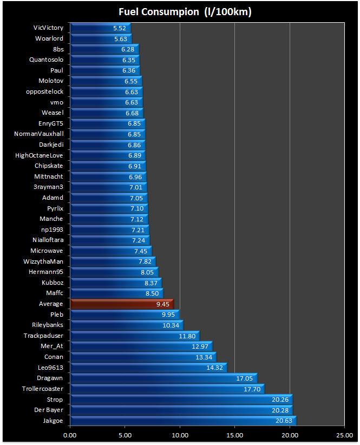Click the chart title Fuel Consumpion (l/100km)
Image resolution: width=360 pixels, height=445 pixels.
pos(180,11)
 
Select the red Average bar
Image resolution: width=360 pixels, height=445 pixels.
pos(122,304)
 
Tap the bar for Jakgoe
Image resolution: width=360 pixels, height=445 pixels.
pos(183,421)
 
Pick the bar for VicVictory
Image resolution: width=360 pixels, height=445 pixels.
pos(100,28)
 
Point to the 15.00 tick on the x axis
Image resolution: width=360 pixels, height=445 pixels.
pos(234,434)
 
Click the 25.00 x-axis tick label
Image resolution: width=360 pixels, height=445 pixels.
pos(344,434)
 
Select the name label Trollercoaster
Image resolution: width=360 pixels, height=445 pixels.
pos(42,389)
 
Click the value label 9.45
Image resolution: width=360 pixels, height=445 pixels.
pos(163,304)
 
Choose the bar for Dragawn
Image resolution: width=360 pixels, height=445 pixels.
pos(163,378)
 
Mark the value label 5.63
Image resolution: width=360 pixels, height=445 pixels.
pos(120,38)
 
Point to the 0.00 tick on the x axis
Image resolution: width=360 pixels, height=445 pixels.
pos(70,434)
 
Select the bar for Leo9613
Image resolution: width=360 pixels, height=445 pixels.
pos(148,368)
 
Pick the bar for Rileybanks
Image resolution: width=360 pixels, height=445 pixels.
pos(127,325)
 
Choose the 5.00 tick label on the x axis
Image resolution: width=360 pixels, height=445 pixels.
pos(125,434)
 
